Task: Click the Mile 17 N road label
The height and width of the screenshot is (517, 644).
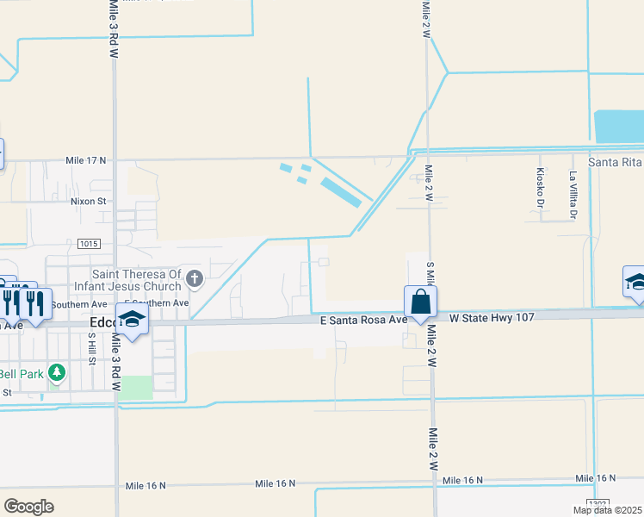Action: coord(85,160)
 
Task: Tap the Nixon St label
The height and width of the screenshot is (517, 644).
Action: coord(88,202)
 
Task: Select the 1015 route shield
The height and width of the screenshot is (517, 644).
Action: coord(88,244)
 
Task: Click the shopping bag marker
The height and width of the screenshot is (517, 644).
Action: coord(420,302)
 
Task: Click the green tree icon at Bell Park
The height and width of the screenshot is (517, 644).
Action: coord(57,372)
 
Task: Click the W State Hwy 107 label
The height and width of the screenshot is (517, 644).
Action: coord(492,317)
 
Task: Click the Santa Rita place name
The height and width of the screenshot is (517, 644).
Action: coord(615,162)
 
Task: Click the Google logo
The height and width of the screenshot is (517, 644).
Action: coord(28,506)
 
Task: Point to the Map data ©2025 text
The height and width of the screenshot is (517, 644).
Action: coord(607,510)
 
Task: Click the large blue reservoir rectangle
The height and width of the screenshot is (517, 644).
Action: coord(619,127)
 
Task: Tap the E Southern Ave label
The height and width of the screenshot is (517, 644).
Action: coord(157,303)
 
